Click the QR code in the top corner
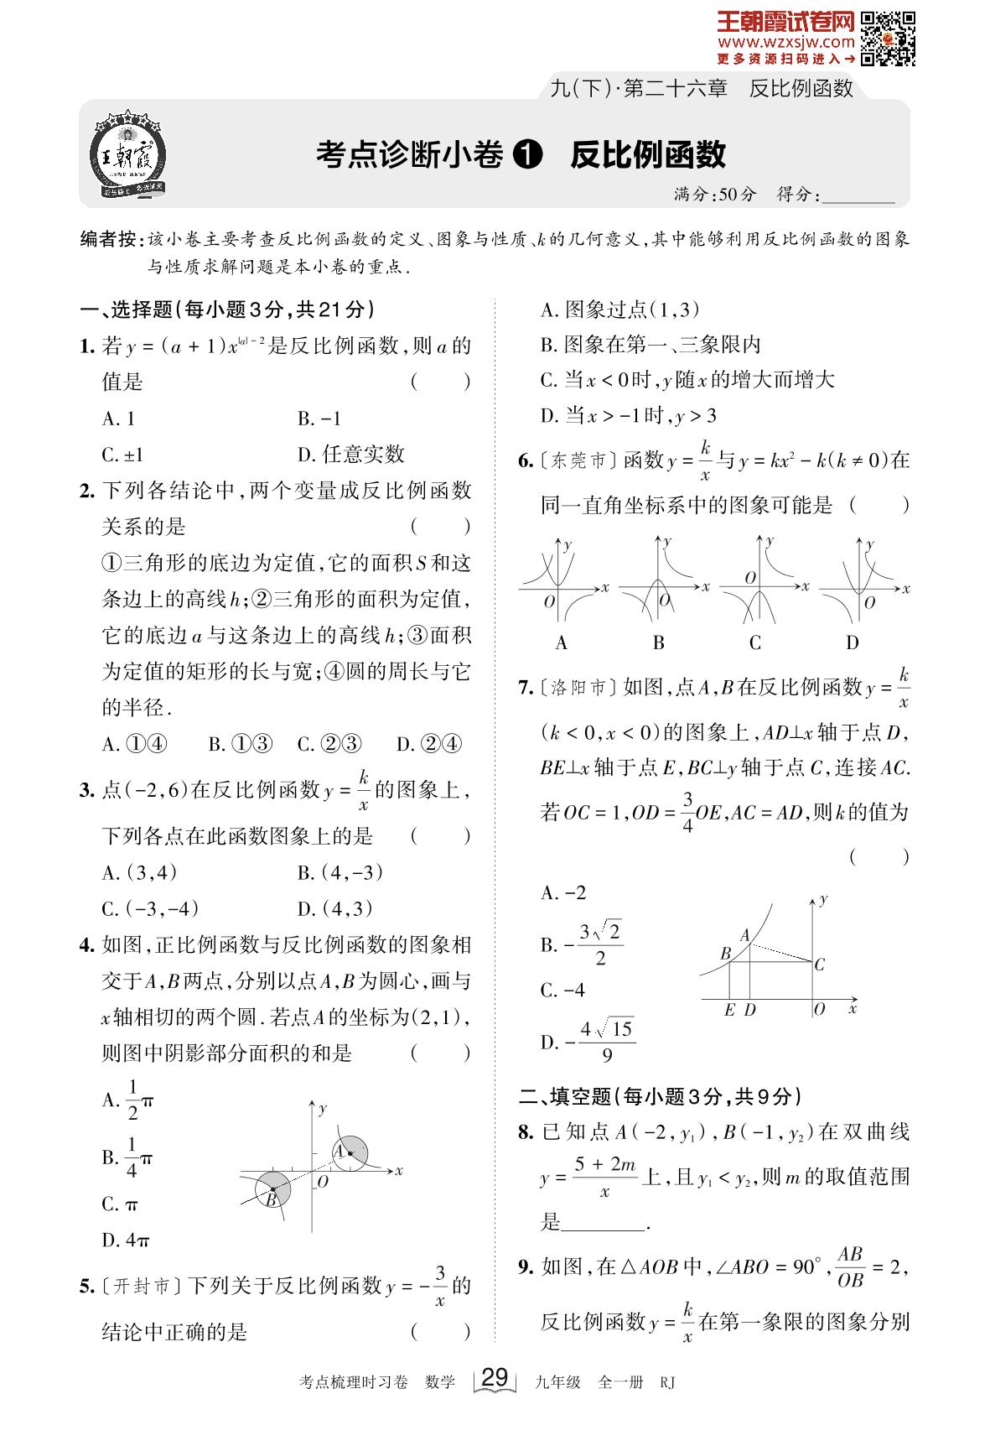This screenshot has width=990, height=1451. click(x=889, y=39)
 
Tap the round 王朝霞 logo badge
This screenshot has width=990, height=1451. click(x=128, y=155)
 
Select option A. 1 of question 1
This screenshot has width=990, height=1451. click(x=118, y=419)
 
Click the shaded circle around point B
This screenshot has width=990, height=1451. click(x=272, y=1189)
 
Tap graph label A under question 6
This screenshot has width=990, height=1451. click(x=562, y=643)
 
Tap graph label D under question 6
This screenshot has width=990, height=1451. click(x=853, y=643)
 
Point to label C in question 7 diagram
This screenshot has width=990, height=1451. click(x=819, y=965)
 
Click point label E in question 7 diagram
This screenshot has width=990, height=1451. click(x=729, y=1010)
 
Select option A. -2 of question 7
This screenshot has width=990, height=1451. click(x=563, y=892)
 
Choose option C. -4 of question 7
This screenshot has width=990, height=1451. click(x=563, y=991)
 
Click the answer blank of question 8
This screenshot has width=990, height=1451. click(x=602, y=1222)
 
